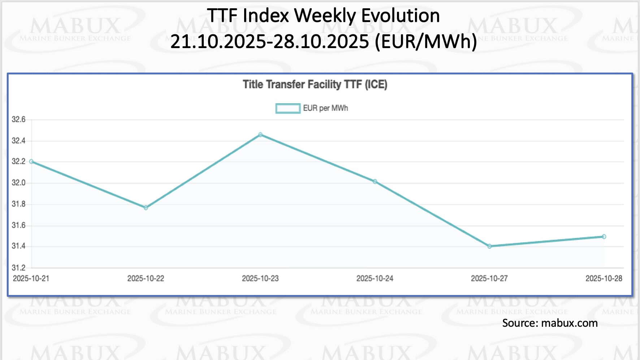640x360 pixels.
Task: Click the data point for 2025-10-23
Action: coord(260,135)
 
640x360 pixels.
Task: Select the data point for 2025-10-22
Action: coord(146,207)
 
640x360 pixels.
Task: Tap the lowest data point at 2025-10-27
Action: coord(489,246)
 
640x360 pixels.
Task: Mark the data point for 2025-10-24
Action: coord(375,181)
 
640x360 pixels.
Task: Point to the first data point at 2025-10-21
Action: coord(31,162)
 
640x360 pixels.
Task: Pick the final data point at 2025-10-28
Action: coord(604,237)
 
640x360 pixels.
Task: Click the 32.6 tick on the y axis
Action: coord(18,120)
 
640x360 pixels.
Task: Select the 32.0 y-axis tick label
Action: coord(18,183)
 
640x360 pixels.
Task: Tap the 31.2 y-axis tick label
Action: coord(18,268)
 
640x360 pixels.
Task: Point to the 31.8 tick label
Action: coord(18,204)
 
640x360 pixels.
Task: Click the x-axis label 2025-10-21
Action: coord(31,278)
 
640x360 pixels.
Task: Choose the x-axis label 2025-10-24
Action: coord(375,278)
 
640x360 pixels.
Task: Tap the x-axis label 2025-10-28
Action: coord(604,278)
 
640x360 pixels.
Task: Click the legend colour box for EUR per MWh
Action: coord(288,108)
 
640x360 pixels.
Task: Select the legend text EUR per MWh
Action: coord(325,108)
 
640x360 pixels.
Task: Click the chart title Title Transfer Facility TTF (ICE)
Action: coord(315,85)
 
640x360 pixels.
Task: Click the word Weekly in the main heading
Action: coord(325,16)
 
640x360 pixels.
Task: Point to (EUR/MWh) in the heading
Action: coord(426,41)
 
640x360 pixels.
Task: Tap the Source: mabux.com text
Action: coord(550,323)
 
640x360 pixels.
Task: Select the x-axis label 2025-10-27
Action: coord(489,278)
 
